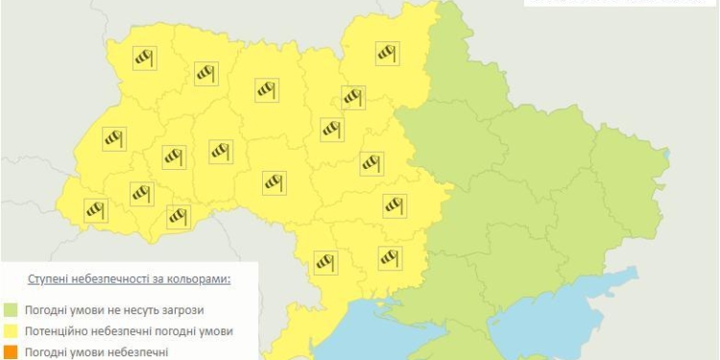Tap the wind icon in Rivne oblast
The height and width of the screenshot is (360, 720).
click(x=206, y=72)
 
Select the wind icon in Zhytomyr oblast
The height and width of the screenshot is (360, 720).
click(x=267, y=90)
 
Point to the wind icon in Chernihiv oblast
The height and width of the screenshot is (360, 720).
click(x=388, y=53)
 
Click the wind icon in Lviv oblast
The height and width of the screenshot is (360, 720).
click(x=115, y=139)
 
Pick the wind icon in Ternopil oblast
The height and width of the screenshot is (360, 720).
click(x=173, y=156)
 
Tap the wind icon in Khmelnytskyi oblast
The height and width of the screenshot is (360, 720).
click(x=222, y=150)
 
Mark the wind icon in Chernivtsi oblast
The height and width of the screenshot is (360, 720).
click(x=178, y=217)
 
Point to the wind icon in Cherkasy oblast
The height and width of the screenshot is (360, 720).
click(x=372, y=163)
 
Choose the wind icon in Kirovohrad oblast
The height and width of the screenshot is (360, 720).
click(x=395, y=205)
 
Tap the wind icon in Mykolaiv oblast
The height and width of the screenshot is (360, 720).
click(x=389, y=256)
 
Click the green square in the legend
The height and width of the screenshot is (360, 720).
click(x=11, y=310)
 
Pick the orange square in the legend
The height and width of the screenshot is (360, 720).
click(x=11, y=352)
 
